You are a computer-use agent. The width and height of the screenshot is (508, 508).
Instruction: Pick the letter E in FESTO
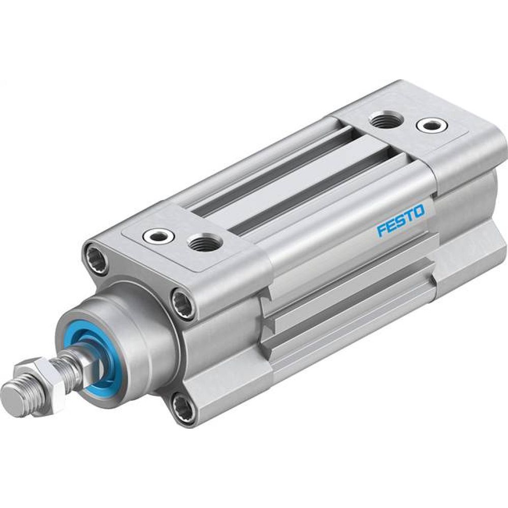[390, 226]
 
